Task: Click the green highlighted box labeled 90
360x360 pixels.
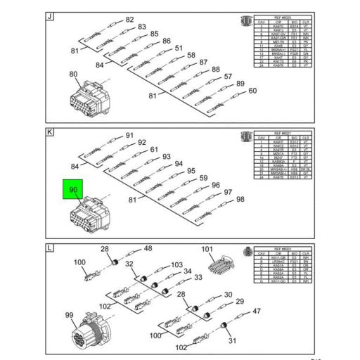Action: coord(74,190)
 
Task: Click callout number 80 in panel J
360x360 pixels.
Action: coord(74,74)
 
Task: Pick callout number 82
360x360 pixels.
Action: coord(129,20)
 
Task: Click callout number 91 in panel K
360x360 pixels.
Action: coord(129,135)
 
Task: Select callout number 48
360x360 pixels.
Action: coord(148,249)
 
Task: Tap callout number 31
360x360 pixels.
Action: coord(233,342)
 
